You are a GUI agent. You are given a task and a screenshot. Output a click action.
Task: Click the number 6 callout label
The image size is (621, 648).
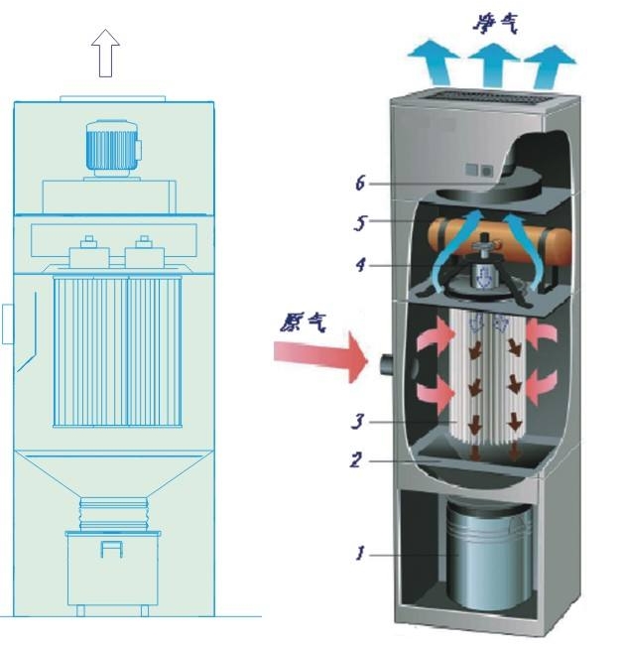(360, 184)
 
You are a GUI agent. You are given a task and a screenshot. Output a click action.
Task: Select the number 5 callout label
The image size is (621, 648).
(360, 223)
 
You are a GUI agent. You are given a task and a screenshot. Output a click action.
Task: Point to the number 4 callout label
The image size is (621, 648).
(360, 265)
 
